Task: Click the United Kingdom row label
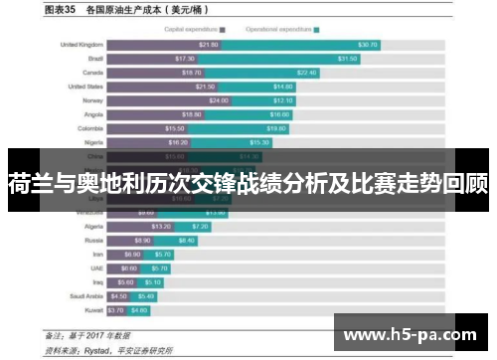[x=82, y=45]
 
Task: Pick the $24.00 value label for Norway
[x=218, y=100]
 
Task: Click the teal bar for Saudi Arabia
[x=145, y=295]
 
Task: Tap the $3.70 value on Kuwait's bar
[x=117, y=309]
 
